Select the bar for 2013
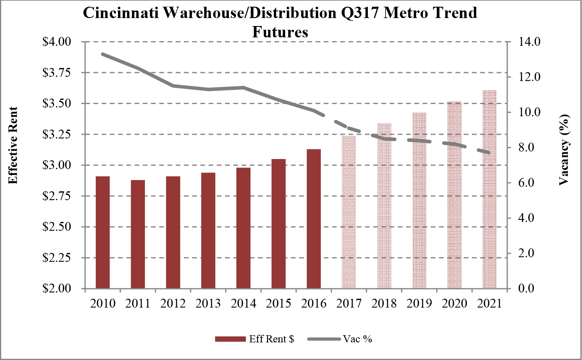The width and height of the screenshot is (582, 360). coord(208,230)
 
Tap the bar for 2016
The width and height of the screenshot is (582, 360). coord(314,219)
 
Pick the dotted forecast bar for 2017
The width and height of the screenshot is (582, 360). coord(349,212)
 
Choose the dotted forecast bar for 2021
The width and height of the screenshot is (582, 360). coord(489,189)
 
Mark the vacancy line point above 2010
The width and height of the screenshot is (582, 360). coord(103,54)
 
